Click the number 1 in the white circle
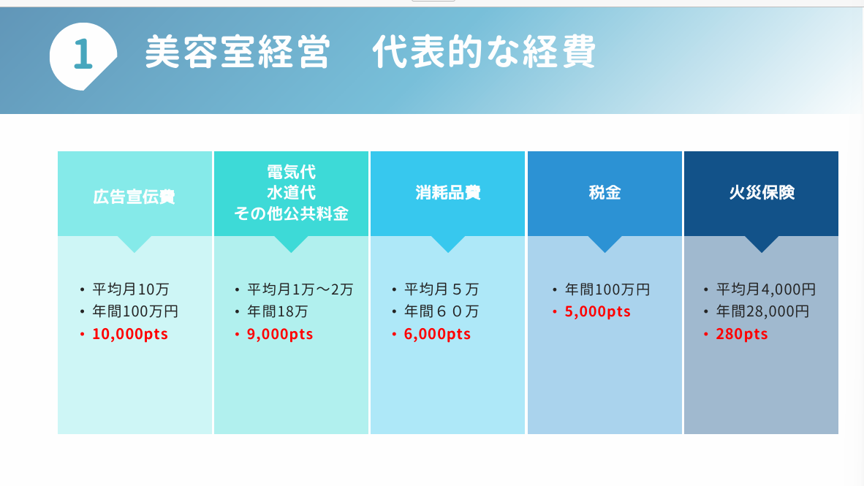83,54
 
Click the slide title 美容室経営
238,52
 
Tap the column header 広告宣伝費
134,197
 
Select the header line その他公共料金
292,213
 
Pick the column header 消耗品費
448,192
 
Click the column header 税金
605,192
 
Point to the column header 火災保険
762,192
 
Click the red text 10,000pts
130,334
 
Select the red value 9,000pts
280,334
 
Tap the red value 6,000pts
437,334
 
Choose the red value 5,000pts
597,311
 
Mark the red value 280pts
742,334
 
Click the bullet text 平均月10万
131,289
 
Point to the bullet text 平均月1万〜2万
300,289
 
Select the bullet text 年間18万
277,311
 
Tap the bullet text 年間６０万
442,311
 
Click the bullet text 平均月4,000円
765,289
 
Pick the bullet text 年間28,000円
762,311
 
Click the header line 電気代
292,172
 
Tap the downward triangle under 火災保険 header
762,243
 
